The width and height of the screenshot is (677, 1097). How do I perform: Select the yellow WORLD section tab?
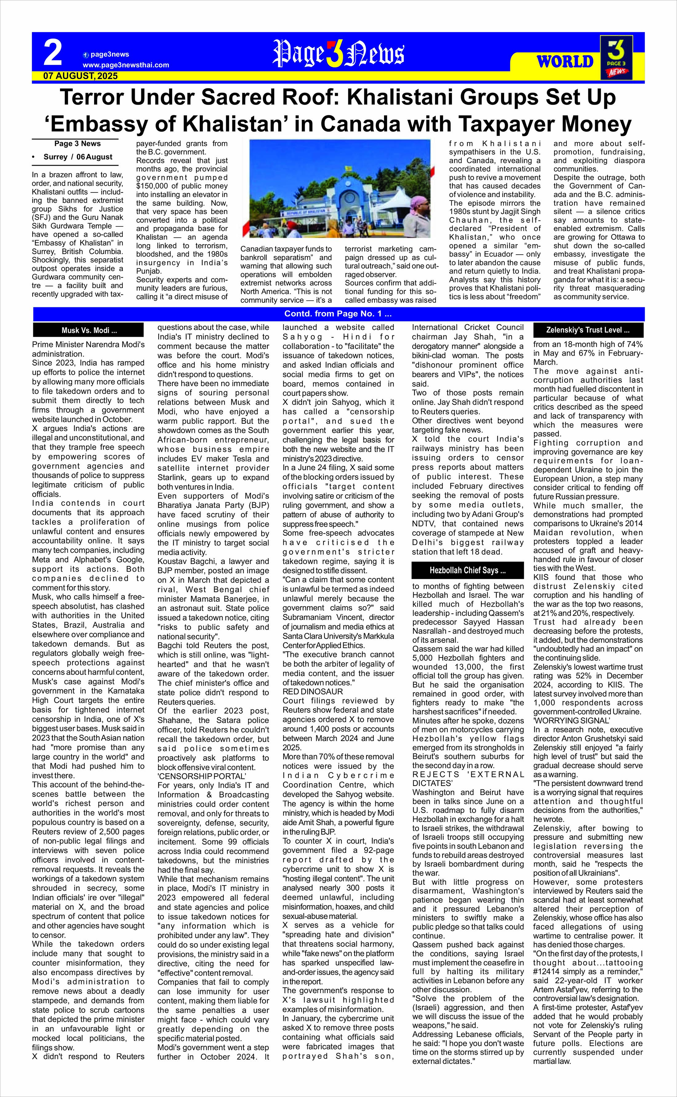pyautogui.click(x=565, y=61)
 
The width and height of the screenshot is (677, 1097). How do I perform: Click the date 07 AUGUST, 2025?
pyautogui.click(x=81, y=76)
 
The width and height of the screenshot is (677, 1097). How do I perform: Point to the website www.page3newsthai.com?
pyautogui.click(x=126, y=65)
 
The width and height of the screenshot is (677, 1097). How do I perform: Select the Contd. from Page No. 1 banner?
pyautogui.click(x=338, y=314)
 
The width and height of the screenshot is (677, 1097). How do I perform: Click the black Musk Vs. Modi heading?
pyautogui.click(x=89, y=331)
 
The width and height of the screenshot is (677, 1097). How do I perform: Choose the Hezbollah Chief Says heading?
pyautogui.click(x=467, y=570)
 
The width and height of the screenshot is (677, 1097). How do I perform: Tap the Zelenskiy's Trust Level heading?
pyautogui.click(x=588, y=330)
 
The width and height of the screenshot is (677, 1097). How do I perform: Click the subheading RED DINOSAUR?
pyautogui.click(x=306, y=691)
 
